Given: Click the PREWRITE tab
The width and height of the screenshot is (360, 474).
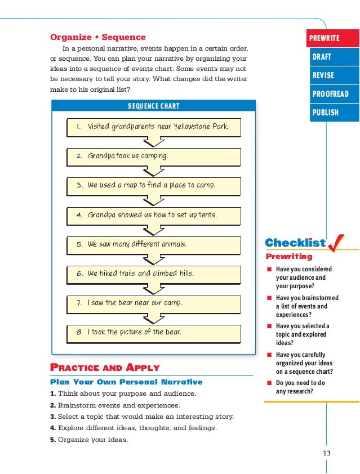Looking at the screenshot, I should [331, 38].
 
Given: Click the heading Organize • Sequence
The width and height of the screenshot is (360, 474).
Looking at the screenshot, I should [98, 38].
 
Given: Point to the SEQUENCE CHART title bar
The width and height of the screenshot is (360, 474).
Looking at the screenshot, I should [153, 106].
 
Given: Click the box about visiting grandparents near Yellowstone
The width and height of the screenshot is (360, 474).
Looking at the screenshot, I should [153, 127].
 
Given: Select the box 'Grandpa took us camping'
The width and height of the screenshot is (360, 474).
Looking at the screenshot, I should [153, 156].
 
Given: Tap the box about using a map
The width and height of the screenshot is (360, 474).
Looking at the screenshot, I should [153, 185].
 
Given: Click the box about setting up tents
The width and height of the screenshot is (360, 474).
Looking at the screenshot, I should [153, 215].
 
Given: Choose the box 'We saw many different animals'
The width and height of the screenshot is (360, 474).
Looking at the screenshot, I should [153, 245].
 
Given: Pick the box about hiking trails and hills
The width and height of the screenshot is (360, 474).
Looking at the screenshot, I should [153, 274].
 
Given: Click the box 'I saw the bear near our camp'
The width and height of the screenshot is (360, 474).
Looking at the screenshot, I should [153, 303].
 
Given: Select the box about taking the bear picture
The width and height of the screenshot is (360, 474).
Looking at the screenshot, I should [153, 333].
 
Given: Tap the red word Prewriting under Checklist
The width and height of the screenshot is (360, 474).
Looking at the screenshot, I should [289, 257].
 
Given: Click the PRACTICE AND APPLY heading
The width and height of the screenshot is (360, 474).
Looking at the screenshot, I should [105, 368].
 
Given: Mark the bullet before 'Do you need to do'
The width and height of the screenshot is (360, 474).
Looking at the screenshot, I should [269, 383].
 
